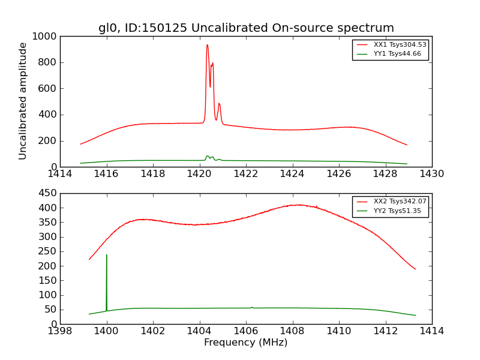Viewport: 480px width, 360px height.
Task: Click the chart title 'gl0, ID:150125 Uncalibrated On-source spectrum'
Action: (x=246, y=28)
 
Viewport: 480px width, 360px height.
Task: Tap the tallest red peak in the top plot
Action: (x=207, y=45)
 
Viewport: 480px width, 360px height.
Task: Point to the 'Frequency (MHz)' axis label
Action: (x=246, y=343)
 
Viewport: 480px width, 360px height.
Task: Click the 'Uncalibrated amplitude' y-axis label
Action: (x=23, y=101)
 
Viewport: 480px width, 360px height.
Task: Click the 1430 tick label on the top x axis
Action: (x=432, y=174)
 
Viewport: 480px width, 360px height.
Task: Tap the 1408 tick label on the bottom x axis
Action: (x=292, y=331)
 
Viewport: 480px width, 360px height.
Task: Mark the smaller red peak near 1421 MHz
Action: (x=219, y=104)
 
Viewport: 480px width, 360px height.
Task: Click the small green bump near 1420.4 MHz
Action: (x=208, y=156)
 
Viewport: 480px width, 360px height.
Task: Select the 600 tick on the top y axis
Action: (x=49, y=89)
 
